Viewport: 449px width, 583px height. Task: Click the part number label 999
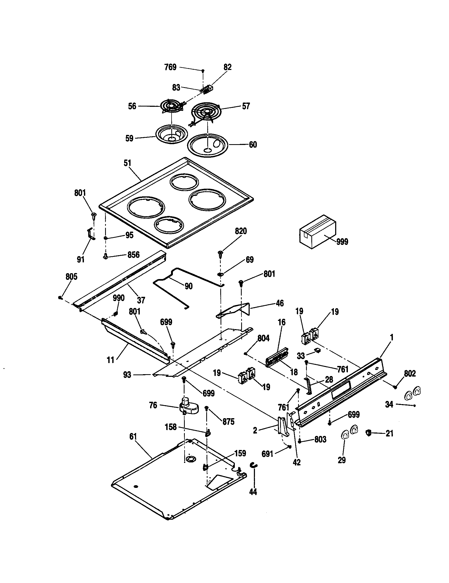[x=342, y=242]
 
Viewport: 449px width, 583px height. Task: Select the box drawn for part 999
[x=317, y=231]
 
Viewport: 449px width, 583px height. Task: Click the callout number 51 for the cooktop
[x=127, y=163]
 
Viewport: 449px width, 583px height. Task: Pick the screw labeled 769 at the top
[x=203, y=71]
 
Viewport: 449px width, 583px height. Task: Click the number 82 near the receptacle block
[x=227, y=67]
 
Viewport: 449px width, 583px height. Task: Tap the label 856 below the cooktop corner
[x=133, y=255]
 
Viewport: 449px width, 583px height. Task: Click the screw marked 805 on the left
[x=60, y=298]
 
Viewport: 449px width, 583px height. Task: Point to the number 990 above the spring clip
[x=118, y=298]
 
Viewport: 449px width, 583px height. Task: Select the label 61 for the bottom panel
[x=133, y=437]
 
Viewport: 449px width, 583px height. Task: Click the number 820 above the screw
[x=240, y=231]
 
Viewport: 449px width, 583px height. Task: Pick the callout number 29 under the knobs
[x=342, y=460]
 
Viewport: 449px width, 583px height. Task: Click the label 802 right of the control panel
[x=410, y=373]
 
